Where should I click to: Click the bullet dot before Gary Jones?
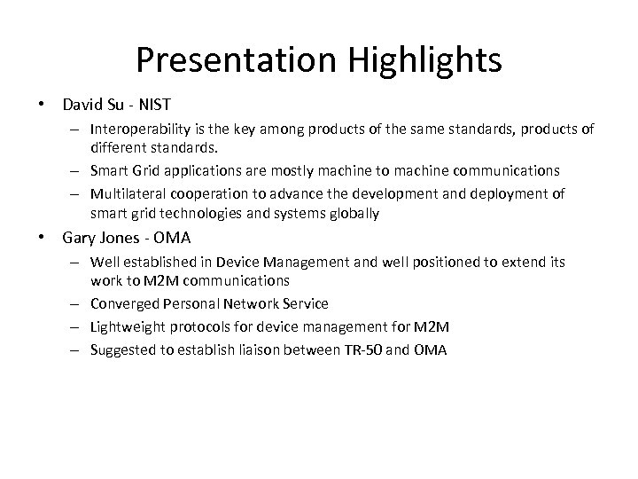43,238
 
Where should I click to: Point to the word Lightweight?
128,326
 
